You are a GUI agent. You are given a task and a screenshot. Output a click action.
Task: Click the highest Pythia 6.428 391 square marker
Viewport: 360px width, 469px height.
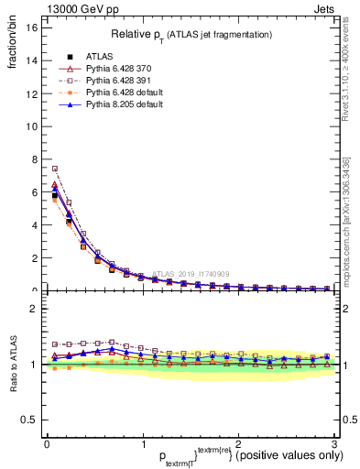[55, 169]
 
